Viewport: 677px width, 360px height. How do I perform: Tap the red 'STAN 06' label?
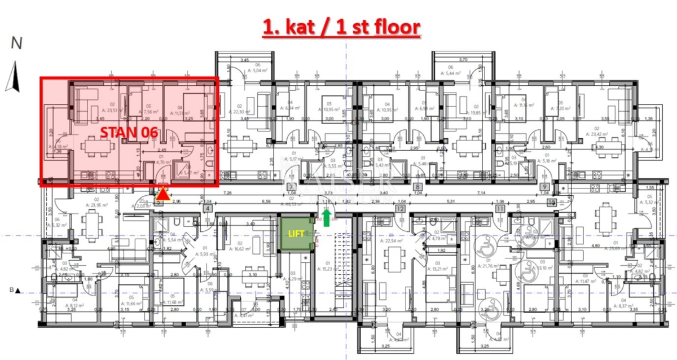[x=129, y=133]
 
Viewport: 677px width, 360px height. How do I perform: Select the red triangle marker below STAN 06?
[x=162, y=195]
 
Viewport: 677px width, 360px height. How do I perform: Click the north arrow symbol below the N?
[x=15, y=77]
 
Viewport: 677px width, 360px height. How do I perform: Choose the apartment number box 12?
[x=400, y=209]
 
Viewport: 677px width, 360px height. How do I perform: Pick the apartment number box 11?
[x=499, y=209]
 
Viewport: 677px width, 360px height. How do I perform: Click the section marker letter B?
[x=11, y=291]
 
